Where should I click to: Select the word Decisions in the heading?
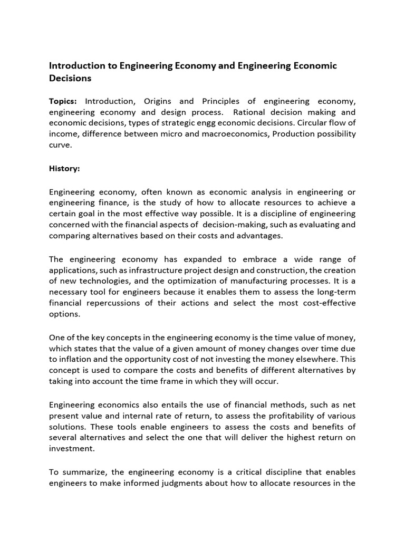click(x=70, y=79)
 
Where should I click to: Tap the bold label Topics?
click(x=63, y=101)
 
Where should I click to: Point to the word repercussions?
click(x=117, y=303)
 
